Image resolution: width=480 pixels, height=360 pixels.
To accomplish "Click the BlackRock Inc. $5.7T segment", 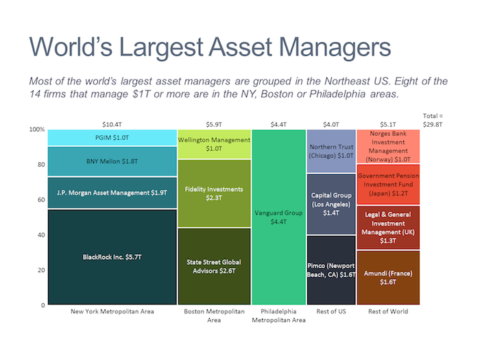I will tap(112, 257).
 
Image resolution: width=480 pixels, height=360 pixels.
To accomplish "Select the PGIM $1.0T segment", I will tap(112, 137).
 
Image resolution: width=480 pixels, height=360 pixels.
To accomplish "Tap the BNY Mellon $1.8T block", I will tap(112, 161).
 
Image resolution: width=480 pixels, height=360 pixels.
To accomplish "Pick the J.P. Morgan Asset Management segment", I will tap(112, 193).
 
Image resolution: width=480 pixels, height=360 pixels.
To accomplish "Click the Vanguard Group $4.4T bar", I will tap(278, 217).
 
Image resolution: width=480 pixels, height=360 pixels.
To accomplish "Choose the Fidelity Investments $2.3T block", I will tap(214, 193).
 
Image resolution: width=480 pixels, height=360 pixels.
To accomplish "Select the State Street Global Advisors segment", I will tap(214, 266).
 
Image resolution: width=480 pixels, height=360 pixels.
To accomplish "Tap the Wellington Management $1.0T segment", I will tap(214, 144).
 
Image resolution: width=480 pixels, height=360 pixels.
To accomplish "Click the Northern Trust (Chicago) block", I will tap(331, 151).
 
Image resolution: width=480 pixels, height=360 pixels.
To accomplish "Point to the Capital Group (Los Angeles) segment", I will tap(331, 204).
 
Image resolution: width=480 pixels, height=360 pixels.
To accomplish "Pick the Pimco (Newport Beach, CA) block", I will tap(331, 269).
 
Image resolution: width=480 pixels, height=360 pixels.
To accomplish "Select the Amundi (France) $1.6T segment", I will tap(388, 277).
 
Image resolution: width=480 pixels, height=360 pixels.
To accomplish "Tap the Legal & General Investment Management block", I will tap(388, 228).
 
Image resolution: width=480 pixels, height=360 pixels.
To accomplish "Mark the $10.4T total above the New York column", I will tap(112, 123).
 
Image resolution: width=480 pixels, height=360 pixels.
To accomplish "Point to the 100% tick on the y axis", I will tap(36, 130).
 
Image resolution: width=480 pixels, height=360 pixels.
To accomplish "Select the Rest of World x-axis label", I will tap(388, 311).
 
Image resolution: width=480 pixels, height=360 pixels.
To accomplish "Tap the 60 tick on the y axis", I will tap(39, 200).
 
